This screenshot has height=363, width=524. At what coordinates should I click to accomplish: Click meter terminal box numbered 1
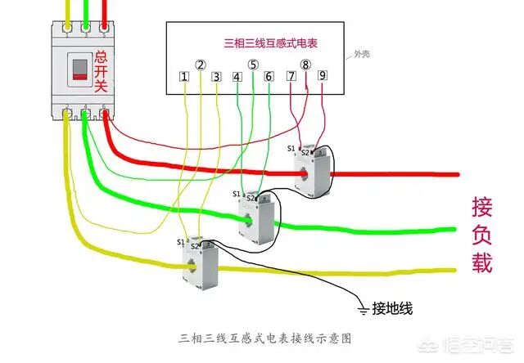point(185,77)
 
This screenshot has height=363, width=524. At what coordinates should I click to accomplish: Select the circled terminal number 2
point(201,65)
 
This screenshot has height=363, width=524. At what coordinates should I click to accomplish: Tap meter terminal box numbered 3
point(216,77)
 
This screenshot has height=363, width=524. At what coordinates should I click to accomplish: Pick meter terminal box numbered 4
point(237,77)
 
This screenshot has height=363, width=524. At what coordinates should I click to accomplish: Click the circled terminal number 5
point(253,65)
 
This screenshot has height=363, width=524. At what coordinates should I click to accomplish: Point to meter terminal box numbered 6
point(269,77)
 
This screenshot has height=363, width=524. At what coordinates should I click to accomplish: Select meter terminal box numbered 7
point(291,76)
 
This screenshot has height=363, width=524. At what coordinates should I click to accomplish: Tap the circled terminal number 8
point(305,65)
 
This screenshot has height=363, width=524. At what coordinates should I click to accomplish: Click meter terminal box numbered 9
point(322,76)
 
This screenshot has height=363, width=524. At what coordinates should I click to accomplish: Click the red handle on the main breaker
point(80,69)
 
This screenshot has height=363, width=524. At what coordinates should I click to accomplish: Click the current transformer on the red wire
point(312,173)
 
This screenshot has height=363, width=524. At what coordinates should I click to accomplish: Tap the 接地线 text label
point(394,308)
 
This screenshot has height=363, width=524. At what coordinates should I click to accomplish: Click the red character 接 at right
point(482,205)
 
